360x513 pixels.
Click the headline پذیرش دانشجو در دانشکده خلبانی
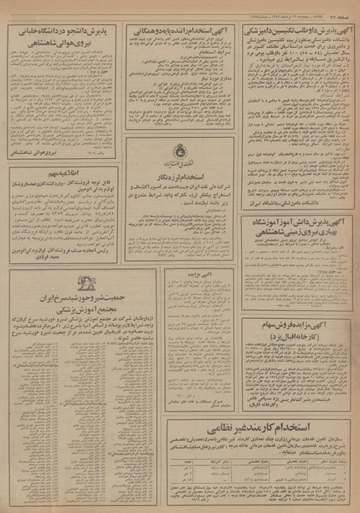[62, 32]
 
